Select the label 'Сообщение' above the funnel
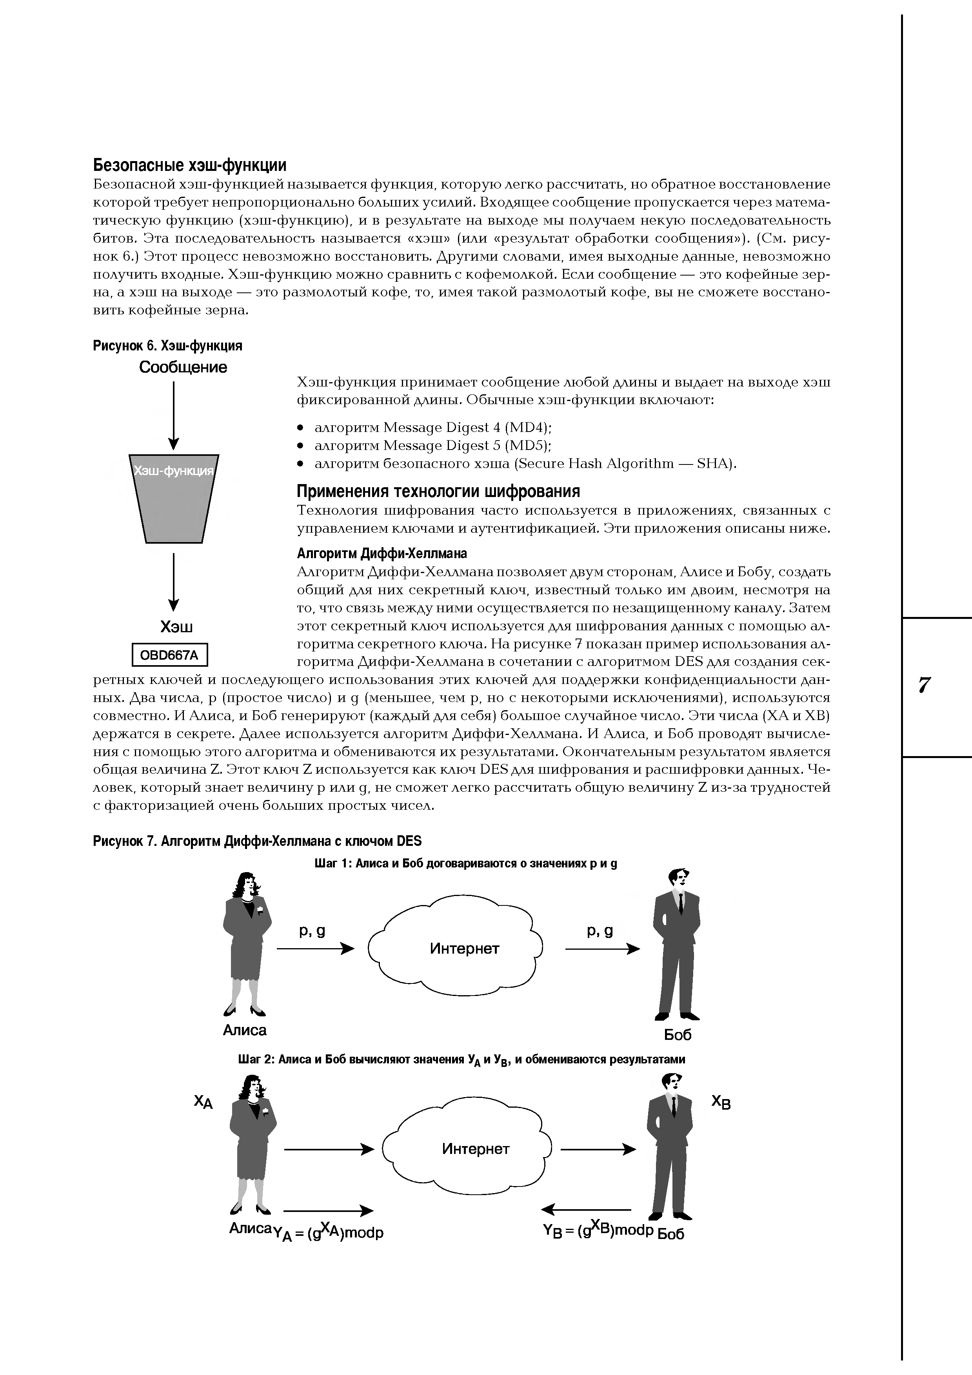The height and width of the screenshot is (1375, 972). pyautogui.click(x=183, y=367)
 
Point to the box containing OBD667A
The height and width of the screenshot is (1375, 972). pyautogui.click(x=169, y=655)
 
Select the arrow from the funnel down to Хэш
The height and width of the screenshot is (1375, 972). pyautogui.click(x=174, y=581)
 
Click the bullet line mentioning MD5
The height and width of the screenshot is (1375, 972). pyautogui.click(x=432, y=446)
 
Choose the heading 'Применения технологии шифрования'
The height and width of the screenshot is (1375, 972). pyautogui.click(x=438, y=492)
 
